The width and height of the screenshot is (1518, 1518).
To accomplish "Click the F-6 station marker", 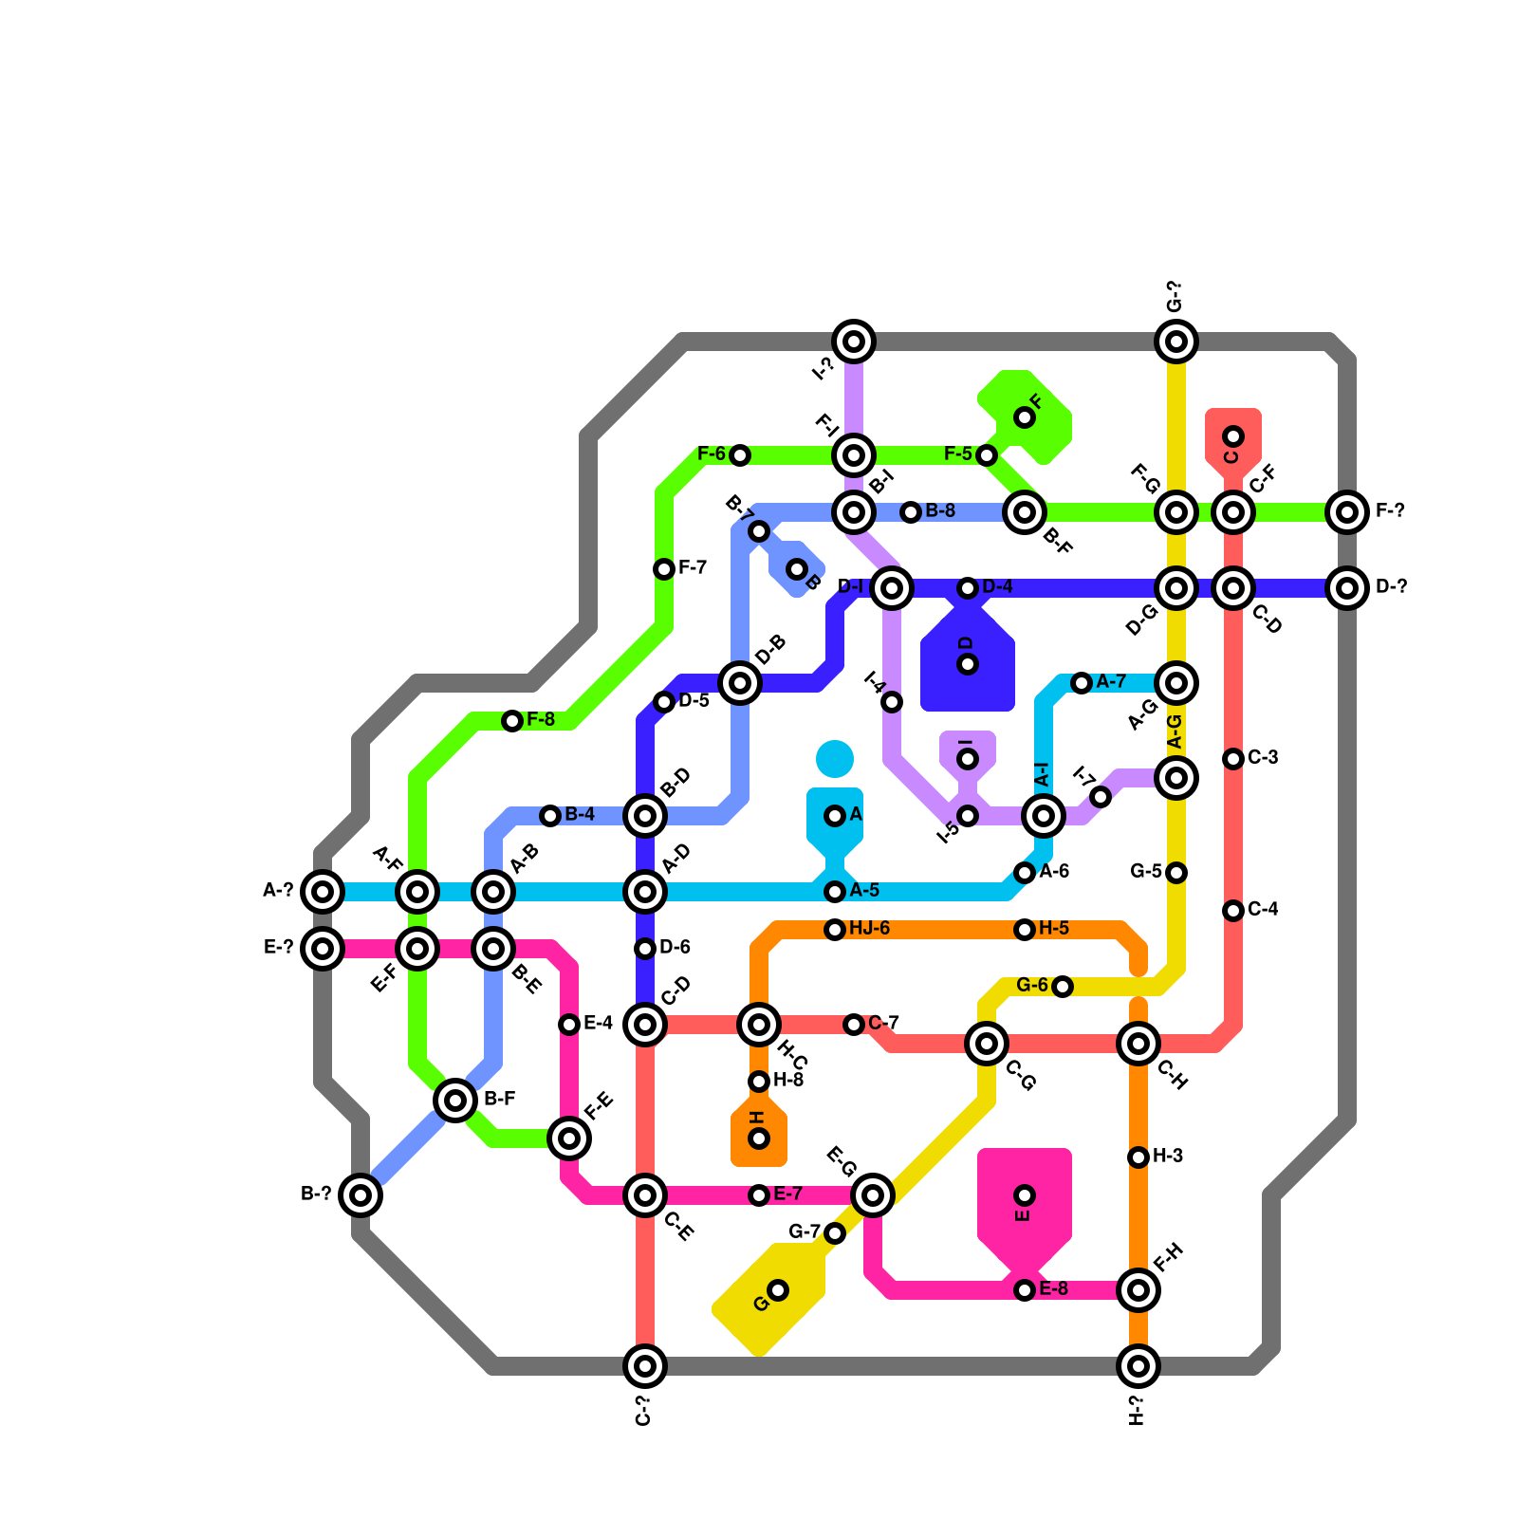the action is pos(740,455).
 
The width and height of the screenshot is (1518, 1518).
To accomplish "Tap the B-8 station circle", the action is pos(911,512).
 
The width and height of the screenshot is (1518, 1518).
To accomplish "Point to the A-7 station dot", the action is pos(1082,683).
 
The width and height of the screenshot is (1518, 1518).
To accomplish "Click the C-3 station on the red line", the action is pos(1233,759).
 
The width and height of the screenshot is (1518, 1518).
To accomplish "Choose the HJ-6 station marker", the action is pos(835,930).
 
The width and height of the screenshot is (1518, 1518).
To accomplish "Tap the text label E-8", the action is pos(1053,1288).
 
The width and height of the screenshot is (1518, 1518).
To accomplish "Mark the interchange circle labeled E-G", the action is pos(873,1195).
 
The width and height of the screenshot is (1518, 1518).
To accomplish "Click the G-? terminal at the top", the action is pos(1176,342).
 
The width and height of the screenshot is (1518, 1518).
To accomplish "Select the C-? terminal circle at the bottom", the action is pos(645,1366).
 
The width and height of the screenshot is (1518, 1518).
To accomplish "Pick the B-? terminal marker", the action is pos(361,1195).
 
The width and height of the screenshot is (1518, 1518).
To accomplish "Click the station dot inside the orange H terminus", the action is pos(759,1138).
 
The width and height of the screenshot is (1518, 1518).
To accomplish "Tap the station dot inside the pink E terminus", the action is pos(1025,1195).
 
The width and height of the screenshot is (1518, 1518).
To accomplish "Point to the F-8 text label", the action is pos(541,719).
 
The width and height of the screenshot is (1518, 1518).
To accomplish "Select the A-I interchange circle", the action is pos(1044,816).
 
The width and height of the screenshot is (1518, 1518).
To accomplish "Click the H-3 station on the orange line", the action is pos(1138,1157).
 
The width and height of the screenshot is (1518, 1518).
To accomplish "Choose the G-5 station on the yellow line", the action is pos(1176,873).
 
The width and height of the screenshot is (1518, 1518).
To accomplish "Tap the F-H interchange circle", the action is pos(1138,1290).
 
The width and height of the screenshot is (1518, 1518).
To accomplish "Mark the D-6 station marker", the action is pos(645,949).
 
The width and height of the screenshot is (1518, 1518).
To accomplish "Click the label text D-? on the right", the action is pos(1391,587).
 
